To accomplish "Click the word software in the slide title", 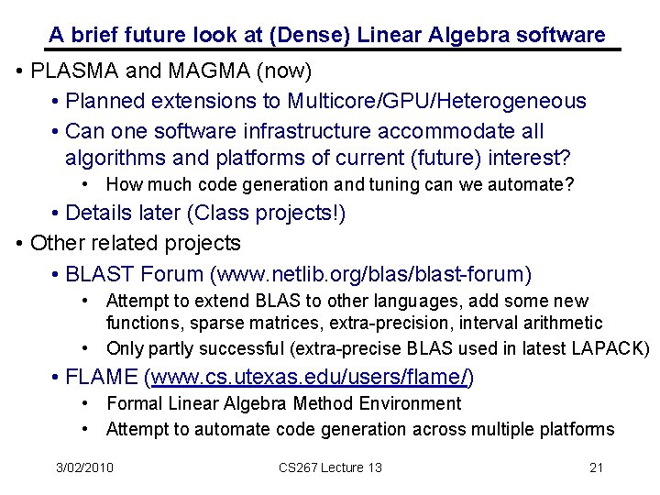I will [560, 36].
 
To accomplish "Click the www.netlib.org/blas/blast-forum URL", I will [371, 274].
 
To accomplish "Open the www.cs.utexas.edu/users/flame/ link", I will [312, 377].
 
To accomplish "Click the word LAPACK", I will [615, 349].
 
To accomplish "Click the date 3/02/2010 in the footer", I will [84, 467].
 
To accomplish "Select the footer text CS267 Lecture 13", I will [330, 467].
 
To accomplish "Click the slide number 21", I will [597, 467].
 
